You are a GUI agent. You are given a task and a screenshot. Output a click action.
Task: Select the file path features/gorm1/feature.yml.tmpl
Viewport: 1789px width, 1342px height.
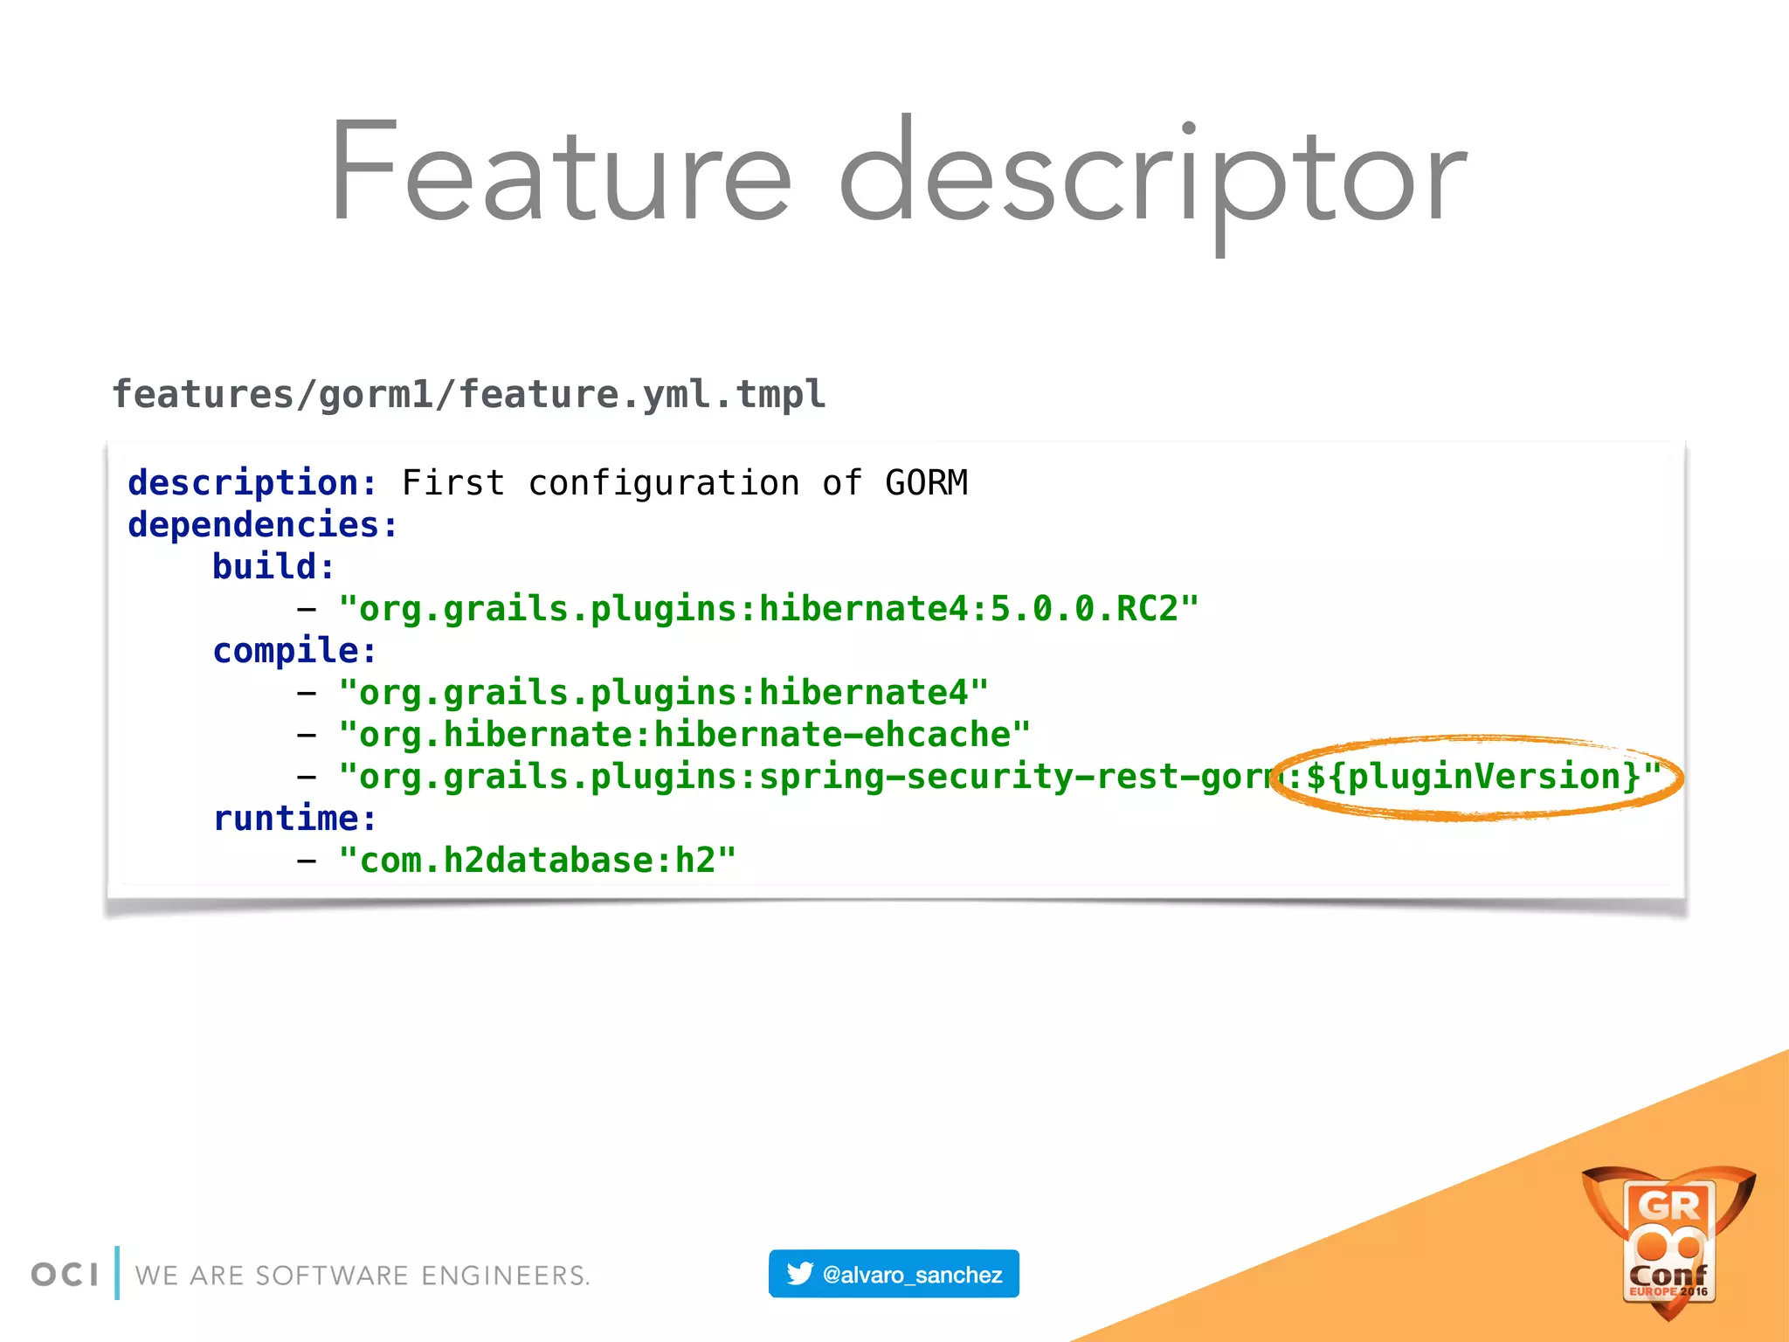pyautogui.click(x=468, y=395)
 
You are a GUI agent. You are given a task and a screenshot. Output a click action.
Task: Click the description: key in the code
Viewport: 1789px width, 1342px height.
pyautogui.click(x=252, y=483)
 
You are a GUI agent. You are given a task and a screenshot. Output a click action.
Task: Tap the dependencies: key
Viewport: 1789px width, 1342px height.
pyautogui.click(x=262, y=525)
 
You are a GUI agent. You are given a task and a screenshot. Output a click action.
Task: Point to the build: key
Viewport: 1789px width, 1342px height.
pyautogui.click(x=273, y=567)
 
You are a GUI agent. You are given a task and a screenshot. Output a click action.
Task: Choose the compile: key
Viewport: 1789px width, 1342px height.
pyautogui.click(x=294, y=651)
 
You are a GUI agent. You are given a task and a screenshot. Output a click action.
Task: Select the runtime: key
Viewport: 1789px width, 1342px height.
pyautogui.click(x=294, y=819)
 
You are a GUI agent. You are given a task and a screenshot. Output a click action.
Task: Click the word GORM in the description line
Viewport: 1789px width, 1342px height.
pyautogui.click(x=926, y=483)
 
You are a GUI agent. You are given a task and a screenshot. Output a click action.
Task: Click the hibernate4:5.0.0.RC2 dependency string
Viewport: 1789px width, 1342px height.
pyautogui.click(x=769, y=609)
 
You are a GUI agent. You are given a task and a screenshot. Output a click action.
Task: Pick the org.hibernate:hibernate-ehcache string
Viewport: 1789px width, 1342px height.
pyautogui.click(x=685, y=735)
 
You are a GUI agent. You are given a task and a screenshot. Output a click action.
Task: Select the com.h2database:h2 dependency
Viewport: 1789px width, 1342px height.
pyautogui.click(x=537, y=861)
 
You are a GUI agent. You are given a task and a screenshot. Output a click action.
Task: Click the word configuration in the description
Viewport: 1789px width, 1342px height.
pyautogui.click(x=664, y=483)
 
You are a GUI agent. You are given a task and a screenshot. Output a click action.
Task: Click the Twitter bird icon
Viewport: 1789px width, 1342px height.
pyautogui.click(x=799, y=1274)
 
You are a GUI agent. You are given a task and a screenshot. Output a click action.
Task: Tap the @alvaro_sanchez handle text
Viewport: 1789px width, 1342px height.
pyautogui.click(x=912, y=1275)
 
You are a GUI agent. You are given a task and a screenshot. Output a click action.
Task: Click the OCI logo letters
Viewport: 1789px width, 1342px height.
pyautogui.click(x=65, y=1275)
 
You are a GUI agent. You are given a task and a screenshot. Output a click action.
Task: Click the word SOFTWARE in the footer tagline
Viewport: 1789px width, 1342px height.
pyautogui.click(x=332, y=1276)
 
